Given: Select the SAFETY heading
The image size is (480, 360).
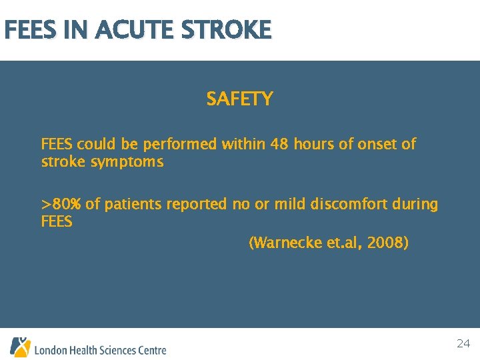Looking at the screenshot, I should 239,99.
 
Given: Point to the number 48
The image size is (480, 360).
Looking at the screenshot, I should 280,144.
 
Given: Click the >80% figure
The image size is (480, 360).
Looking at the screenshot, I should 61,204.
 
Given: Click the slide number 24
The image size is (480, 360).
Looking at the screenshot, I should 463,344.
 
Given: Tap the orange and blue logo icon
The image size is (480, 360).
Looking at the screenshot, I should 20,347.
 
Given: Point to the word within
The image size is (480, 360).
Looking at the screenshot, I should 244,144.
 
